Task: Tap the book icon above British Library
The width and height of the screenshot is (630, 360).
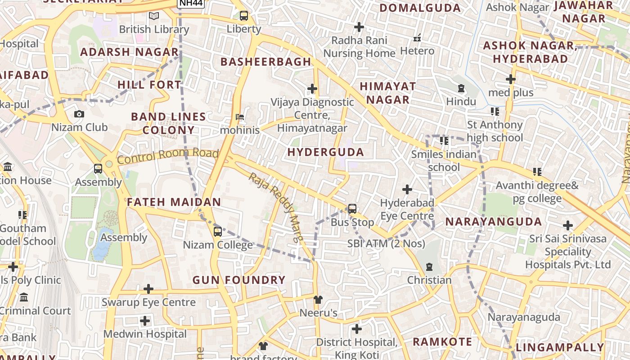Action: coord(154,16)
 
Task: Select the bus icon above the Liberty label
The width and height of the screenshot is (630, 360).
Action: coord(243,16)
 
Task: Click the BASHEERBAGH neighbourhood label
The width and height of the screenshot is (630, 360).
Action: coord(266,62)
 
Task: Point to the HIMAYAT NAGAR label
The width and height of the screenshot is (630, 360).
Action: coord(387,93)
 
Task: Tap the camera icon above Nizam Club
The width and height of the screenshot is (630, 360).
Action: coord(79,114)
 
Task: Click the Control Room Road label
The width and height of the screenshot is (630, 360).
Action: coord(168,155)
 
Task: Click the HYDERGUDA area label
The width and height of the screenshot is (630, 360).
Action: coord(326,152)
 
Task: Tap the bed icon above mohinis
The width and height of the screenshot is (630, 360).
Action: coord(240,117)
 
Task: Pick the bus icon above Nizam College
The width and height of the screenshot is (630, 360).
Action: coord(218,232)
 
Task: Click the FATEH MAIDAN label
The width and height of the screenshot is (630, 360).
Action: coord(174,202)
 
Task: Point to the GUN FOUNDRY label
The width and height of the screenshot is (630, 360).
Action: coord(239,280)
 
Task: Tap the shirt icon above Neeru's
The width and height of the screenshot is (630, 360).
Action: coord(318,300)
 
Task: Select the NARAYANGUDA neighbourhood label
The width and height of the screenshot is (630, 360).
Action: coord(494,221)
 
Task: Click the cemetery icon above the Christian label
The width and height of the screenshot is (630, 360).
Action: coord(429,267)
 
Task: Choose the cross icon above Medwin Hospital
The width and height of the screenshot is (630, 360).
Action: coord(145,321)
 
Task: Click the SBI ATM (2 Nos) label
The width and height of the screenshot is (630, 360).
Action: coord(386,243)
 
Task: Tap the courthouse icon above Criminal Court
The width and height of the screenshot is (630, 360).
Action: coord(24,297)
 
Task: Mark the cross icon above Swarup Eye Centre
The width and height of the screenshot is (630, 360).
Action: coord(148,289)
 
